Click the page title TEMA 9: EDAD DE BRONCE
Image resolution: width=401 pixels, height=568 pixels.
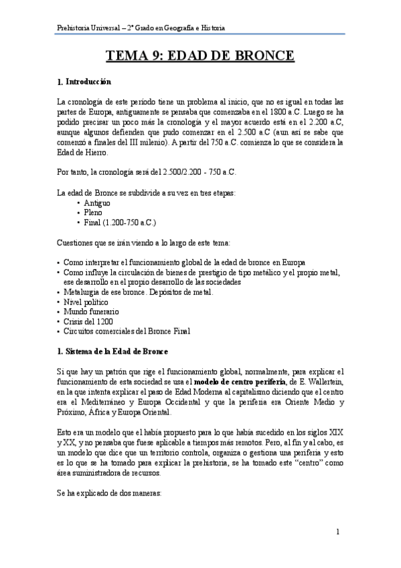click(x=201, y=56)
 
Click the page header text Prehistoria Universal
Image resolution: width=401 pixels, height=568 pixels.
click(x=87, y=27)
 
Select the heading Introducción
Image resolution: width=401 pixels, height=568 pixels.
click(x=88, y=82)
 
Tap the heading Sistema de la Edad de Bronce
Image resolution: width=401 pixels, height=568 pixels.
click(x=116, y=352)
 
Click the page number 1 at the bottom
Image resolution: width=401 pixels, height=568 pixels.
click(x=339, y=532)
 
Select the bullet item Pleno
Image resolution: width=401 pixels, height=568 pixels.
click(x=94, y=212)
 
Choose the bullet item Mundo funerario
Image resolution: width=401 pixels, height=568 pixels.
click(x=90, y=312)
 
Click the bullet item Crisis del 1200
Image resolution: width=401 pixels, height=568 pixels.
click(x=88, y=322)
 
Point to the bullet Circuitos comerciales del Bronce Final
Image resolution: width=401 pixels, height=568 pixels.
click(x=127, y=331)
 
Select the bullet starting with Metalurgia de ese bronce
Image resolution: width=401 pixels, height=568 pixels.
click(x=137, y=293)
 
